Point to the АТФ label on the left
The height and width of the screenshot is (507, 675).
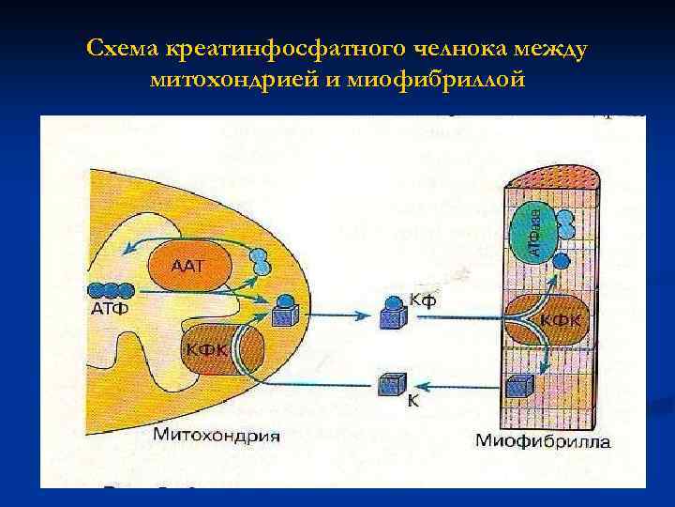pos(110,308)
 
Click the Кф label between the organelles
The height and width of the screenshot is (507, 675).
pos(423,300)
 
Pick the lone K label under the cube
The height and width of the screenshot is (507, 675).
pos(412,400)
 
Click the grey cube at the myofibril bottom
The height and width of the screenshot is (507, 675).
pos(518,386)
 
